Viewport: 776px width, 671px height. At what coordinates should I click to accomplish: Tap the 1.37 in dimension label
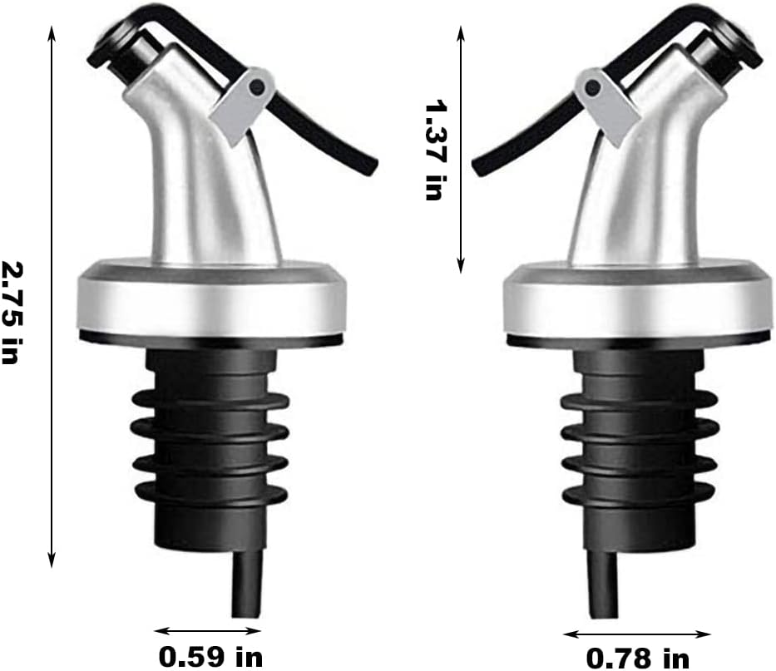(x=434, y=150)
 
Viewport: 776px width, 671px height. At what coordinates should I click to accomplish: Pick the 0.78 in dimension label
(x=638, y=659)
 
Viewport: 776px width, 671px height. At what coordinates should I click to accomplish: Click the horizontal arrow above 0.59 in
(x=208, y=630)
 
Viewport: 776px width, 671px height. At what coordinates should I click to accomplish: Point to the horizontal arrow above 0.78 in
(x=637, y=634)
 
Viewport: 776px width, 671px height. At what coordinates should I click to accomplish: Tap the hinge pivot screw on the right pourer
(x=591, y=85)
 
